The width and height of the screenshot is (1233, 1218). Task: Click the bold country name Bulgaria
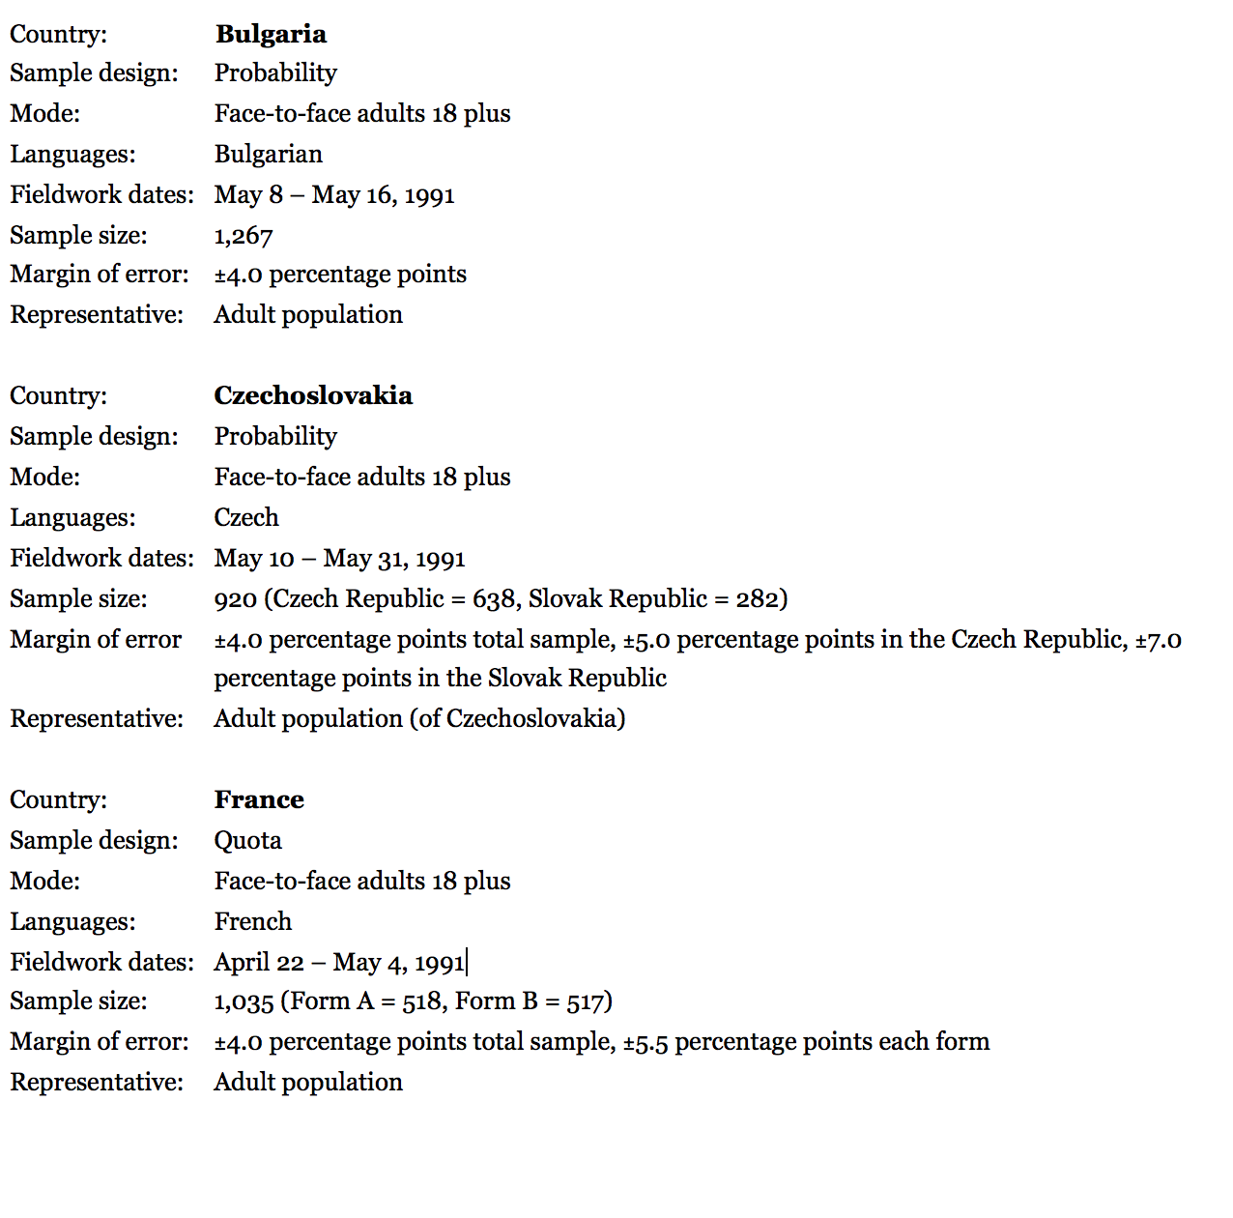[x=271, y=34]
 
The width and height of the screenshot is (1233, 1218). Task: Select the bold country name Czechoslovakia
[x=313, y=395]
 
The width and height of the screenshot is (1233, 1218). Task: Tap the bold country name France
[x=259, y=799]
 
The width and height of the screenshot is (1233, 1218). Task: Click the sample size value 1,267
[x=244, y=236]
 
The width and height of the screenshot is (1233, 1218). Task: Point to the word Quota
[x=247, y=840]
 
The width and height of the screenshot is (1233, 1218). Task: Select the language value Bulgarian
[x=268, y=154]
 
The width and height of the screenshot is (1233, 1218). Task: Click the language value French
[x=252, y=921]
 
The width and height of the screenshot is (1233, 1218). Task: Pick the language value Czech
[x=246, y=517]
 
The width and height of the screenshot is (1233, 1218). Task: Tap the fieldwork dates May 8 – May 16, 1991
[x=334, y=195]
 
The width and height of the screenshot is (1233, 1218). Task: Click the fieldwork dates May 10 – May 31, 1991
[x=339, y=559]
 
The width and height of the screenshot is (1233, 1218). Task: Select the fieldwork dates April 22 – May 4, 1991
[x=339, y=963]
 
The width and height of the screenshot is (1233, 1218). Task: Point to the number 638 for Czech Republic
[x=493, y=599]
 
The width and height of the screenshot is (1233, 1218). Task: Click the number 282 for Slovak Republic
[x=757, y=599]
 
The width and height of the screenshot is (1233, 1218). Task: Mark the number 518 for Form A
[x=421, y=1001]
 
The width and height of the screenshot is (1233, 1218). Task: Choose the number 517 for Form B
[x=586, y=1001]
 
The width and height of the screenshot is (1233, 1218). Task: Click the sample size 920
[x=235, y=599]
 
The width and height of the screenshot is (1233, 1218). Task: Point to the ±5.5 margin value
[x=645, y=1042]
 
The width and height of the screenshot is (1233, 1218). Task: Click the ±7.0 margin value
[x=1158, y=640]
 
